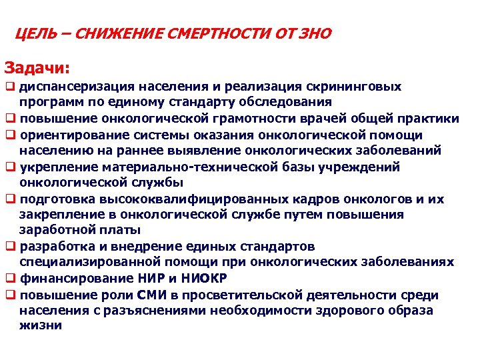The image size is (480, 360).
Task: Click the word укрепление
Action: pyautogui.click(x=54, y=167)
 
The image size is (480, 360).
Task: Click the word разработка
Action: pyautogui.click(x=54, y=247)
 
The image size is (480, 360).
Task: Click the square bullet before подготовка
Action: pyautogui.click(x=10, y=199)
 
